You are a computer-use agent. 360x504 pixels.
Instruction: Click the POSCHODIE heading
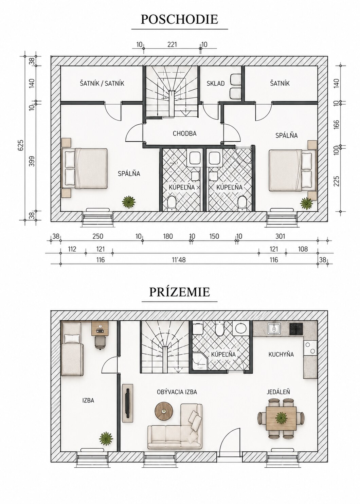[179, 19]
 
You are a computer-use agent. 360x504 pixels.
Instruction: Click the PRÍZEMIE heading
[179, 292]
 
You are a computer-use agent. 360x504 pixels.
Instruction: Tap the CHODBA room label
[184, 133]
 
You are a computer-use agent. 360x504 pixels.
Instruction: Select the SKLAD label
[216, 84]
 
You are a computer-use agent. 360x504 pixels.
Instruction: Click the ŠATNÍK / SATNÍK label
[102, 84]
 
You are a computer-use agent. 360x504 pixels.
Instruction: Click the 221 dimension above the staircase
[172, 44]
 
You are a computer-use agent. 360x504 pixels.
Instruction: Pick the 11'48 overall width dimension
[179, 260]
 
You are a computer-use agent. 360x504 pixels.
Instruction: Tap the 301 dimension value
[280, 236]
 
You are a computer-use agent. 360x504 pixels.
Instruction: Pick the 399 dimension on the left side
[32, 161]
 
